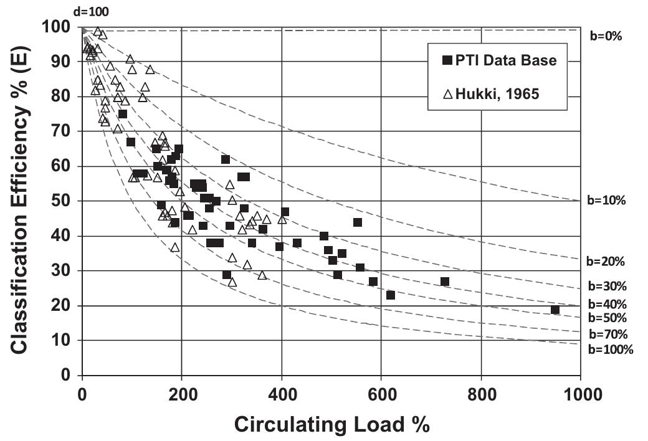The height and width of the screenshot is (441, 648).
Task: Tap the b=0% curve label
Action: coord(606,36)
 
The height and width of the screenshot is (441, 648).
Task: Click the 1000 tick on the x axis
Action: coord(580,394)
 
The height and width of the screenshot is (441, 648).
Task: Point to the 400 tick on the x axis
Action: coord(282,394)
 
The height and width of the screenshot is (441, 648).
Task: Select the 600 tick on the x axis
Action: coord(381,394)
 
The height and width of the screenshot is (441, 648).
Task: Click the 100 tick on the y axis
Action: coord(60,27)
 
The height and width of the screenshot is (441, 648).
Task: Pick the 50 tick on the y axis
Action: coord(64,201)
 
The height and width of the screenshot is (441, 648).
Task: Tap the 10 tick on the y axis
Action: coord(64,341)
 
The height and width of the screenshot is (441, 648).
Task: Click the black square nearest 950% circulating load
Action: coord(555,310)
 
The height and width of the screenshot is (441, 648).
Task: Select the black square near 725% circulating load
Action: coord(444,282)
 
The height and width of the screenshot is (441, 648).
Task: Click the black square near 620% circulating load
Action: coord(391,295)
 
